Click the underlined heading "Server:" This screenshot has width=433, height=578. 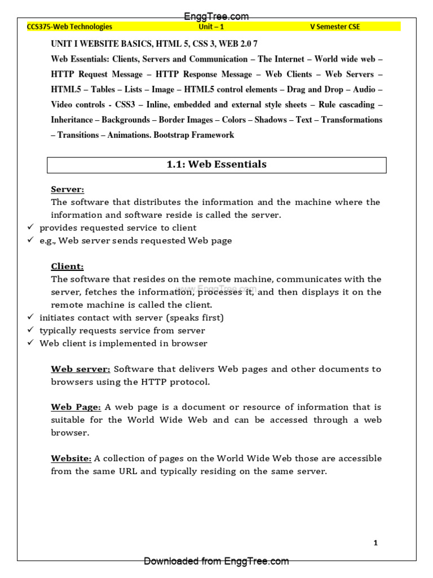tap(67, 189)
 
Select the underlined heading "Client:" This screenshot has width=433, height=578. tap(67, 266)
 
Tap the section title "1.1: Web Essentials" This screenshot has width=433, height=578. tap(216, 165)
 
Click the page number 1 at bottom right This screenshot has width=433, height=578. tap(375, 543)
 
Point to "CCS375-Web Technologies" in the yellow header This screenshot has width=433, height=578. tap(70, 27)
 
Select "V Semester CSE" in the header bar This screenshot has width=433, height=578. tap(335, 27)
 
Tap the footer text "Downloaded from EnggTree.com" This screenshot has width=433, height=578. tap(216, 561)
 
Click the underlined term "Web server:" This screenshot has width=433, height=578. tap(81, 369)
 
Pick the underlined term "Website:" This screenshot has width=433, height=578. tap(71, 458)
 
